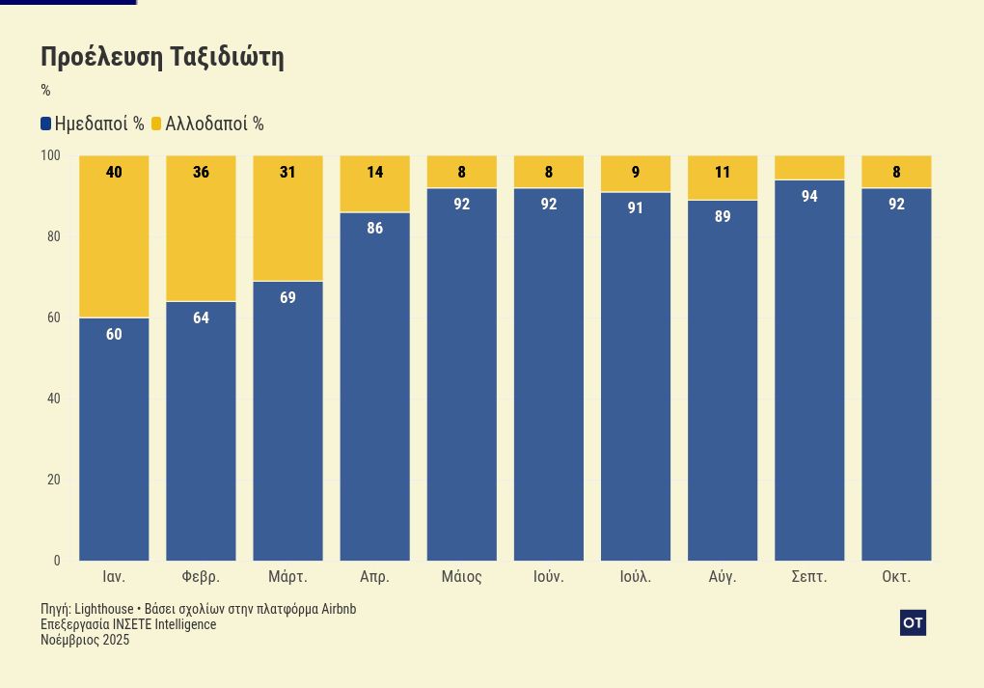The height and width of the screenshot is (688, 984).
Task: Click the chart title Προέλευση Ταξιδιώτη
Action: tap(162, 57)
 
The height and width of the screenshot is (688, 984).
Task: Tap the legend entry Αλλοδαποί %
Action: tap(206, 124)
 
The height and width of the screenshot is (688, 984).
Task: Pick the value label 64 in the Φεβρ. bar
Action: tap(201, 317)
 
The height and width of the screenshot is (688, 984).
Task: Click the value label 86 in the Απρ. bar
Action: tap(374, 229)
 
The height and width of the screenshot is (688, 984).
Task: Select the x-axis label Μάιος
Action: tap(461, 577)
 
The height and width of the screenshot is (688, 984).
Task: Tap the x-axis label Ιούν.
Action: tap(548, 577)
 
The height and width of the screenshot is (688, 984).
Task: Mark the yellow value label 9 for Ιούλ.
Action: tap(635, 173)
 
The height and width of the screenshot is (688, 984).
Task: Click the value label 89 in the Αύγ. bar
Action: tap(723, 216)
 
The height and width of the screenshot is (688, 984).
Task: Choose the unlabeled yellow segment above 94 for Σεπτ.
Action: tap(809, 167)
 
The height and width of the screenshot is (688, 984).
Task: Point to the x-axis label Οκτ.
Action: tap(896, 577)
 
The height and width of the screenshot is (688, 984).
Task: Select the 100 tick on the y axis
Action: tap(50, 155)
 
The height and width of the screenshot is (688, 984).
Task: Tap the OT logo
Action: tap(913, 623)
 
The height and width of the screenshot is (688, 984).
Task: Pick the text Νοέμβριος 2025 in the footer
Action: tap(85, 640)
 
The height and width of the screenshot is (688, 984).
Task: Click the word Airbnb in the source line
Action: tap(339, 609)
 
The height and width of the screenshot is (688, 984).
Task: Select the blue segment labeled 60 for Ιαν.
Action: tap(114, 439)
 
